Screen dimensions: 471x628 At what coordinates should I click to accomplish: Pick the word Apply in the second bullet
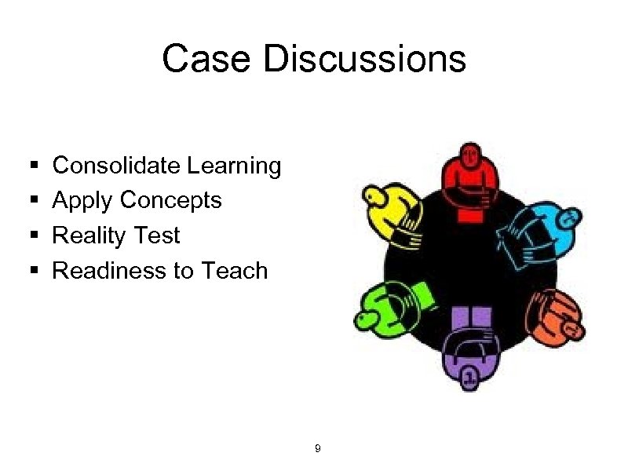(x=82, y=201)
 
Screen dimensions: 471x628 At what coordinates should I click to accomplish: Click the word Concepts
(x=171, y=201)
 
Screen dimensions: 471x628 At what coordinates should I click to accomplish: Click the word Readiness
(x=105, y=271)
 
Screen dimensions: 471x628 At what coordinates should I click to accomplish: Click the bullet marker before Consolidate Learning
(x=33, y=166)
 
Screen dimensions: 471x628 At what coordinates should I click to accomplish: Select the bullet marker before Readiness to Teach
(x=33, y=272)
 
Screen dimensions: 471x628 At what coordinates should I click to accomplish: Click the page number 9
(x=316, y=449)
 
